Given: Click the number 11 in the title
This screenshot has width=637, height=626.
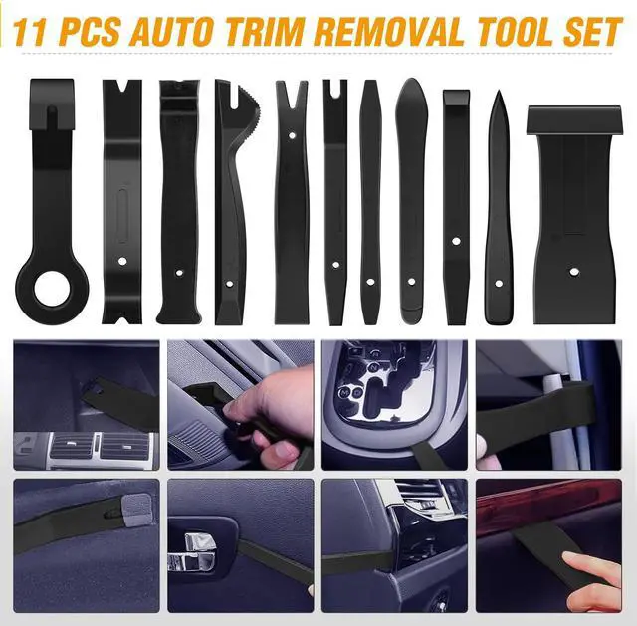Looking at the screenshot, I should point(31,30).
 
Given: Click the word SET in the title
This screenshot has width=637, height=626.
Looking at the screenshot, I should point(594,30).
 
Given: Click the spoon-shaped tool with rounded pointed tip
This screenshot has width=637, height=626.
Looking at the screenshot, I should point(411,199).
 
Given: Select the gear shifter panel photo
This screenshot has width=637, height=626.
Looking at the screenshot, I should point(394,403).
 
